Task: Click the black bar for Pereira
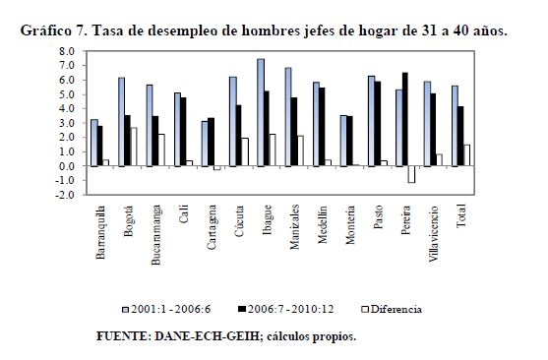tap(405, 119)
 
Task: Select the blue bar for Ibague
tap(261, 112)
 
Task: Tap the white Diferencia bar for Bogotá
tap(133, 147)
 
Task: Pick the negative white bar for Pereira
tap(411, 174)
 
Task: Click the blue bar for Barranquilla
tap(94, 143)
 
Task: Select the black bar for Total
tap(460, 137)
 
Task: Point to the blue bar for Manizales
tap(288, 117)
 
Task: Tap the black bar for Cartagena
tap(211, 142)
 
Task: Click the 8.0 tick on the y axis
tap(67, 51)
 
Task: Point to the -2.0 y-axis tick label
tap(65, 195)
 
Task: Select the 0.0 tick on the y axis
tap(67, 166)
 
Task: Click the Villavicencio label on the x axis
tap(433, 233)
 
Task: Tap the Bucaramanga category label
tap(155, 235)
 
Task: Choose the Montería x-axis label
tap(350, 224)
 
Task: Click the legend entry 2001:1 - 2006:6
tap(166, 309)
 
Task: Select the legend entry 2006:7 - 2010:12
tap(286, 309)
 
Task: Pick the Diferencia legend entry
tap(392, 309)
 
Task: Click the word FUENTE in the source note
tap(124, 336)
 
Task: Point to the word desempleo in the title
tap(183, 31)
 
